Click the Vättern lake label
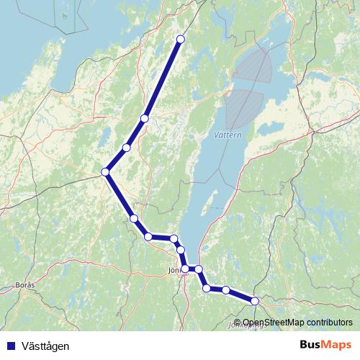click(x=228, y=135)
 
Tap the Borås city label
click(x=24, y=286)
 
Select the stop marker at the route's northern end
click(x=180, y=40)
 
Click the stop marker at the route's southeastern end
click(x=254, y=301)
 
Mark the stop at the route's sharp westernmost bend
click(x=106, y=171)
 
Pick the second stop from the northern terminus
click(x=145, y=118)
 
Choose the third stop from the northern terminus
click(x=127, y=148)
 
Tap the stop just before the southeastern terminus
click(x=226, y=290)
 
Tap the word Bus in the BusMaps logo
click(x=309, y=346)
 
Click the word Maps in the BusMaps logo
click(x=336, y=346)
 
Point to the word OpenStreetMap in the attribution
click(x=273, y=323)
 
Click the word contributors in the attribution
click(x=328, y=323)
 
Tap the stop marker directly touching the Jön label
click(x=185, y=269)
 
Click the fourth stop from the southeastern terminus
click(x=199, y=269)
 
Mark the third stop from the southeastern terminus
click(x=207, y=289)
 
